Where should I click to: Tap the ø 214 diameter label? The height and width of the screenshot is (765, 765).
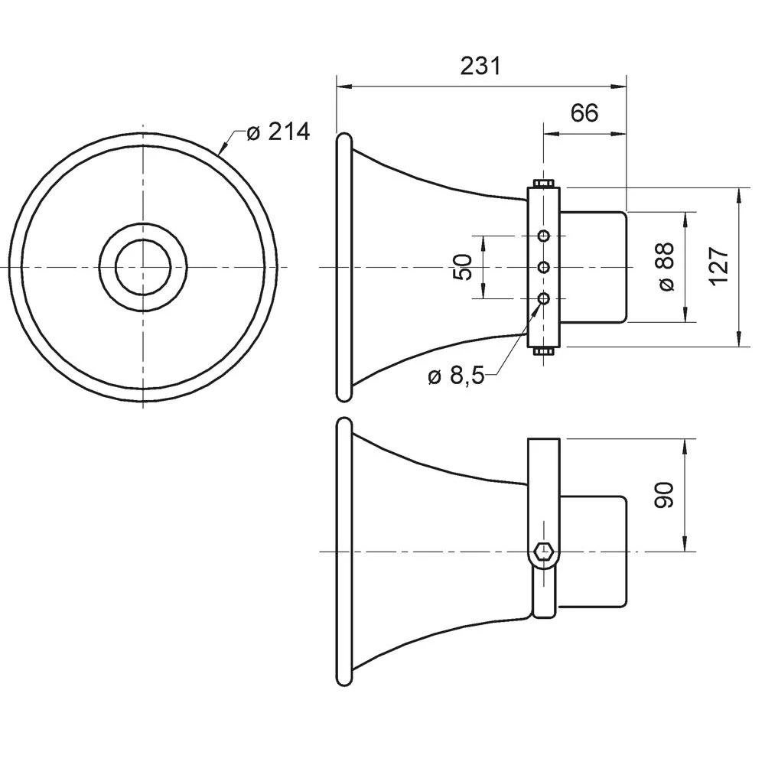click(x=278, y=132)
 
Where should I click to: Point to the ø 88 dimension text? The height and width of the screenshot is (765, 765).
click(x=666, y=266)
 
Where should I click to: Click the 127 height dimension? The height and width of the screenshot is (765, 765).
click(x=718, y=266)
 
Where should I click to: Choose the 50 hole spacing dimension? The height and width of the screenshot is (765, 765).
click(x=462, y=266)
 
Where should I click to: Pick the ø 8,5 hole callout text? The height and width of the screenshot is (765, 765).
click(x=456, y=376)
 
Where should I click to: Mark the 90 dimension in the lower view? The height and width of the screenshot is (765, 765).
click(x=664, y=496)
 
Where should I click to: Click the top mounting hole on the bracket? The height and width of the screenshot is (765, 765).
click(x=544, y=235)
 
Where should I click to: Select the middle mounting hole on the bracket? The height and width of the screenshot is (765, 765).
click(x=544, y=266)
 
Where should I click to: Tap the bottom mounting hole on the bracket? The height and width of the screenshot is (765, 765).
click(x=544, y=298)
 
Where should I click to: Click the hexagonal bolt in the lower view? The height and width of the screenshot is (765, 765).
click(x=544, y=551)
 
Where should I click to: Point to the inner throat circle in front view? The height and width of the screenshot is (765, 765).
click(x=142, y=266)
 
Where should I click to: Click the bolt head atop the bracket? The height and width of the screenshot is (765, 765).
click(x=544, y=183)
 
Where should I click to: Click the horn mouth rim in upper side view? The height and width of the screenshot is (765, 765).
click(x=343, y=266)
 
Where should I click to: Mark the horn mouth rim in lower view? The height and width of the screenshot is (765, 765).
click(x=343, y=551)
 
